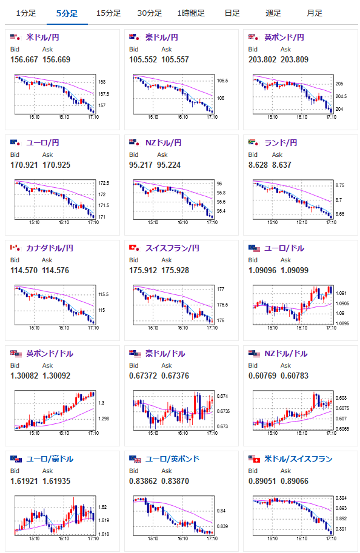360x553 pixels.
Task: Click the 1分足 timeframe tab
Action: click(26, 13)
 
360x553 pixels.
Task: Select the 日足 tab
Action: click(232, 13)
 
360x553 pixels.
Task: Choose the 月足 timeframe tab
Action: click(314, 13)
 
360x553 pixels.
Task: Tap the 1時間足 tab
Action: click(191, 13)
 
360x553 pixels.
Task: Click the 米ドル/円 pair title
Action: click(42, 37)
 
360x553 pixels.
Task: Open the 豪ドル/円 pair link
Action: click(162, 37)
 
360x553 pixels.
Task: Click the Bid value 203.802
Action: click(262, 59)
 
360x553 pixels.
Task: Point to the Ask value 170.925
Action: click(56, 165)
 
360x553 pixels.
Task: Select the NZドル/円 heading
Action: click(164, 142)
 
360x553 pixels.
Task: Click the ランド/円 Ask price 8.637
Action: click(282, 165)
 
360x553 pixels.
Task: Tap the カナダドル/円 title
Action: click(50, 248)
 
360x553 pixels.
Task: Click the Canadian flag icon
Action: click(14, 248)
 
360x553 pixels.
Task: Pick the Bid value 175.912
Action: click(143, 271)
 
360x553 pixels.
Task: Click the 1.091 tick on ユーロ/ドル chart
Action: click(341, 293)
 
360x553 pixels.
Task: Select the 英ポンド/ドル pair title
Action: click(50, 353)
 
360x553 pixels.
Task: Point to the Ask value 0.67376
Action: click(175, 376)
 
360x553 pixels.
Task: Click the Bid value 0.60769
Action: click(262, 376)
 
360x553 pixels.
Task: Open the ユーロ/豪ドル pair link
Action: click(50, 459)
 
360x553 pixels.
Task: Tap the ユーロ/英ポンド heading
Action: click(172, 459)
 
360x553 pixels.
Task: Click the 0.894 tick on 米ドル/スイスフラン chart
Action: click(341, 498)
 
